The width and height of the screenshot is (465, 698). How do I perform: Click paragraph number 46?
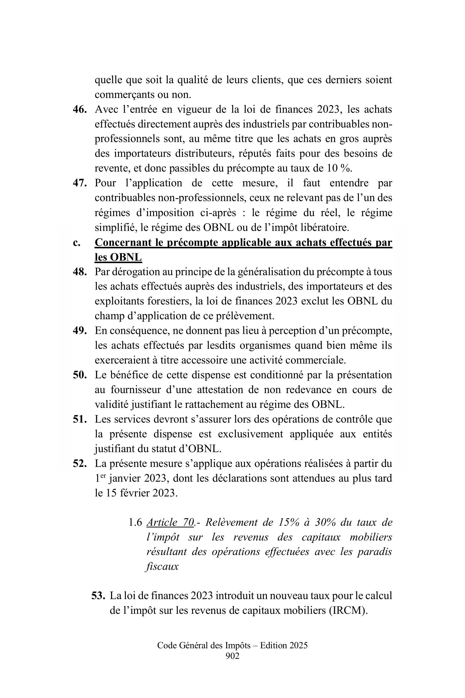tap(80, 110)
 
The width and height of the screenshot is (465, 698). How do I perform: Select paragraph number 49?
tap(80, 331)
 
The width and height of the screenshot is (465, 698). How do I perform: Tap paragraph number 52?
tap(80, 463)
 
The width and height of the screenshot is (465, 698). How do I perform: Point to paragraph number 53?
tap(98, 596)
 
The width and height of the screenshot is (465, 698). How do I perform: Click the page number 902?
tap(232, 656)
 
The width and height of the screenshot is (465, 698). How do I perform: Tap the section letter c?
tap(76, 243)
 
